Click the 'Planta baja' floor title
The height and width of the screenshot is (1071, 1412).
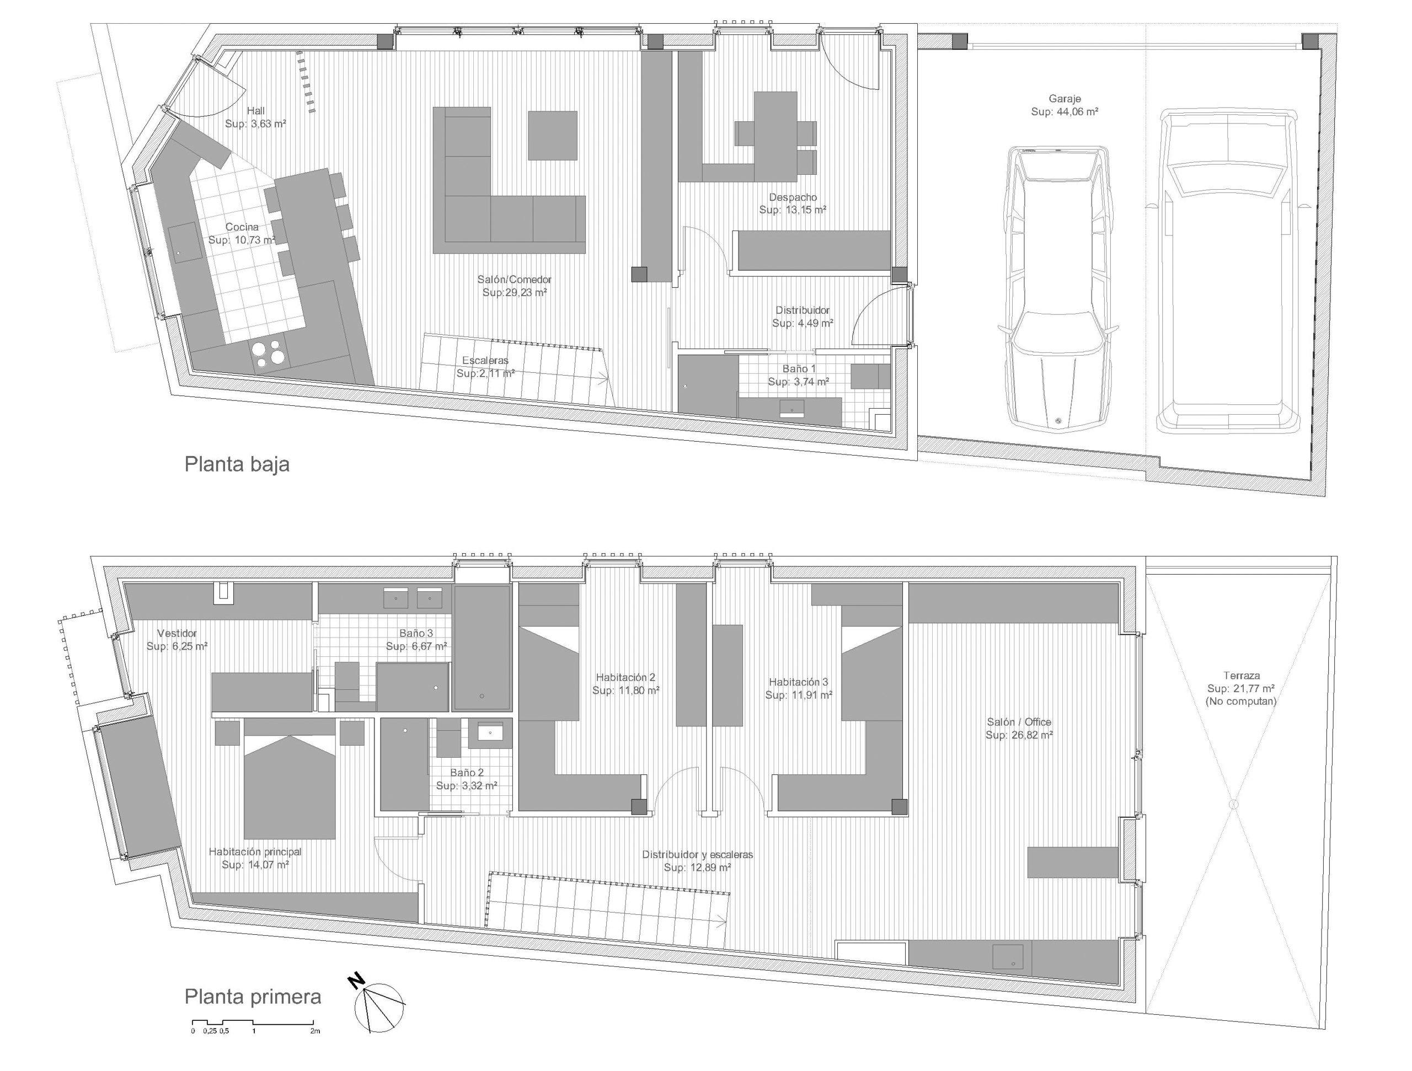237,464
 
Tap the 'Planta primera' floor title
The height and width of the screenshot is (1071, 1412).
253,997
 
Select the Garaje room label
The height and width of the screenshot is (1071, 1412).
1065,99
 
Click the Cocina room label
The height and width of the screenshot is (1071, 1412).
242,227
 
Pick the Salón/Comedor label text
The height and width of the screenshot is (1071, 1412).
515,280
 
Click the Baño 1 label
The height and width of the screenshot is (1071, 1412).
799,369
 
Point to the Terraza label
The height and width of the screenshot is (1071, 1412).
1242,675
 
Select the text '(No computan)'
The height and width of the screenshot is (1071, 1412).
1241,701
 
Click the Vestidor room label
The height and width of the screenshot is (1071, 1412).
177,633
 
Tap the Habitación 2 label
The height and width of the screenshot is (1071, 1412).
625,677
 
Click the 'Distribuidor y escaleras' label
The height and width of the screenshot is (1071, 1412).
698,855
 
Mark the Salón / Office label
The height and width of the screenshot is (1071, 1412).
1019,722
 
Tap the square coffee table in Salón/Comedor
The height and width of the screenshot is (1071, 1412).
553,135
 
